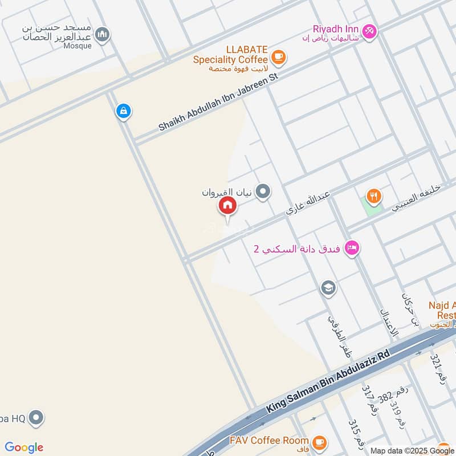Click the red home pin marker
(x=227, y=206)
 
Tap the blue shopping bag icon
(x=123, y=111)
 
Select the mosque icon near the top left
(x=102, y=35)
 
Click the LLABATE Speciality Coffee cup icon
(x=278, y=56)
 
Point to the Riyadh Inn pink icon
(x=369, y=31)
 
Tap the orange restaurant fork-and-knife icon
(x=373, y=197)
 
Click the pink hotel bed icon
(x=352, y=248)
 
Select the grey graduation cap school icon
(x=328, y=288)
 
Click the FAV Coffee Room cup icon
(x=319, y=441)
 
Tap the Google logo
(x=24, y=447)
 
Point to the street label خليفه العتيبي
(x=418, y=196)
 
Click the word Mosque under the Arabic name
(x=78, y=46)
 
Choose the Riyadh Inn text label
(x=335, y=28)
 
